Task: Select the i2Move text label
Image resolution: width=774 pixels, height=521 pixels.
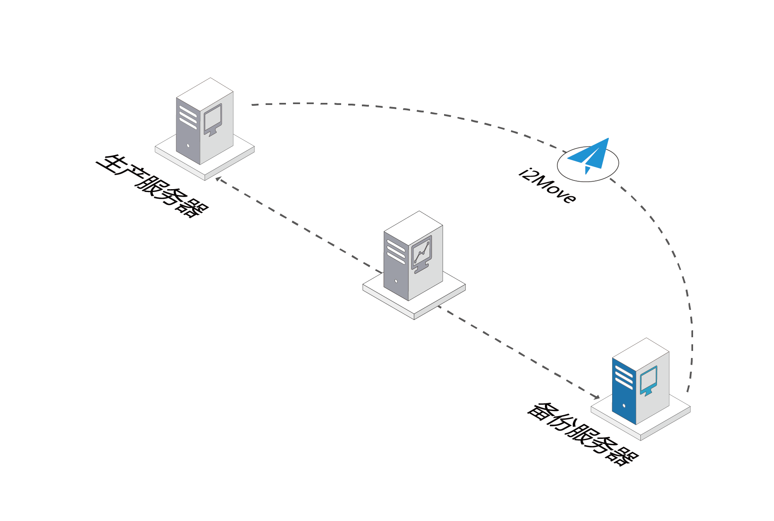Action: (547, 186)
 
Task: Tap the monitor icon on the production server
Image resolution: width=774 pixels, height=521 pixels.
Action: (212, 120)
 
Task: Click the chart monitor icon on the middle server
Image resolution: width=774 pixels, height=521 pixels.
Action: (421, 254)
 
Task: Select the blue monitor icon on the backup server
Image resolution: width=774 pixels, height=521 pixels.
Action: (648, 381)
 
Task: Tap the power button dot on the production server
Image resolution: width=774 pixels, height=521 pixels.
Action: (188, 146)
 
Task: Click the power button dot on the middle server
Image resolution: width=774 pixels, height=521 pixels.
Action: (396, 281)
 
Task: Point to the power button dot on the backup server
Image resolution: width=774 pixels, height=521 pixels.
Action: (624, 405)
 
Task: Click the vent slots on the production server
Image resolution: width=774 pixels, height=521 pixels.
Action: (188, 117)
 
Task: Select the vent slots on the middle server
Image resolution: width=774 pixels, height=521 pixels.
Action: (396, 252)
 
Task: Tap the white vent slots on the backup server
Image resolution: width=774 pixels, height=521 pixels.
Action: (624, 377)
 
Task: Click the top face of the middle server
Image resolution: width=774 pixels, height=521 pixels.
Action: (413, 228)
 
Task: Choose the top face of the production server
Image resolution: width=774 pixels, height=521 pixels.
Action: (205, 95)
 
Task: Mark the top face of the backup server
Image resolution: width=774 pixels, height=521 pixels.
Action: (641, 355)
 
